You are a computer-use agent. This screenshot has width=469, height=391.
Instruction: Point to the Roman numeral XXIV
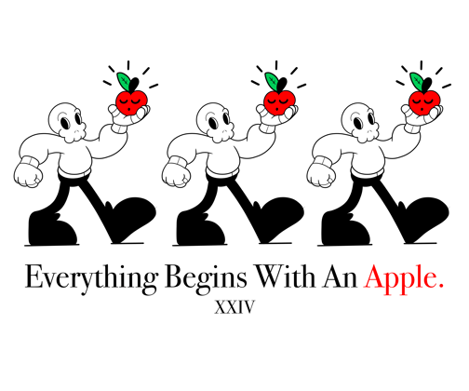(234, 307)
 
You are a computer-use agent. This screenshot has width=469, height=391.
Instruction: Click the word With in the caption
(285, 276)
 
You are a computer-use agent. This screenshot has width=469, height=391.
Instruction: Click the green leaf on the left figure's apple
(124, 81)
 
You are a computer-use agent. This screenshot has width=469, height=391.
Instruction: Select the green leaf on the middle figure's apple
(272, 81)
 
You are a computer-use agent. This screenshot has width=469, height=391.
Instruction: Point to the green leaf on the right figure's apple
(417, 81)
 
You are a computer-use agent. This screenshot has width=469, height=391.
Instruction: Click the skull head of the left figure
(67, 122)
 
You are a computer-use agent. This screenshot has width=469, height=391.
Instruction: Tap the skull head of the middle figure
(215, 122)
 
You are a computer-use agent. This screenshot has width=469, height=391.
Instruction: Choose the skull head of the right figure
(360, 122)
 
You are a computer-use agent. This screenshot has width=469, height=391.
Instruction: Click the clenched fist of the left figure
(28, 175)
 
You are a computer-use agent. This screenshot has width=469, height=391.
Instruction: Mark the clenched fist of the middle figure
(176, 175)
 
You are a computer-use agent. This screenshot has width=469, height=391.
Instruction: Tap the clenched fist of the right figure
(321, 175)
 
